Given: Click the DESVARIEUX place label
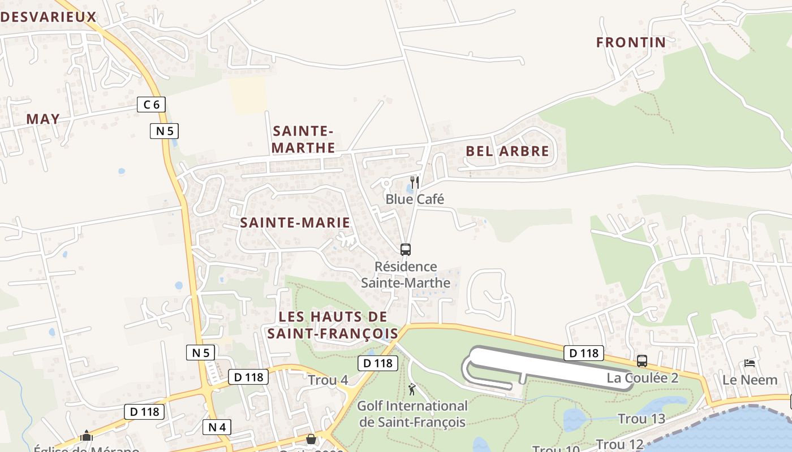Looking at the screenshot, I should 49,17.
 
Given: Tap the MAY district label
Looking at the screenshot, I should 43,119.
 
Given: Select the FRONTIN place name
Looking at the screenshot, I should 631,42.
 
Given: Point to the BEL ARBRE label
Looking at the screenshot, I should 507,151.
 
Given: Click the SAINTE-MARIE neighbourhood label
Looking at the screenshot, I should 295,222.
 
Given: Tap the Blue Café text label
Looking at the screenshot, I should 415,199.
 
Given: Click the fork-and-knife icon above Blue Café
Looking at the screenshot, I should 415,182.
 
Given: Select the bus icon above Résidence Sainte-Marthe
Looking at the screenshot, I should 406,249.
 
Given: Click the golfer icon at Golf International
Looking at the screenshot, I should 412,389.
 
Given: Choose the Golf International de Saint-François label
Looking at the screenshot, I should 412,414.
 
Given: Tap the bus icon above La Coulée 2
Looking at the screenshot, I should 642,360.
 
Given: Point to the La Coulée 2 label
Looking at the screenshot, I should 643,378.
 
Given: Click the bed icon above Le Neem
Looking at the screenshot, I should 750,363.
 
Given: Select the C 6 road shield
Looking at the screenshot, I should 152,104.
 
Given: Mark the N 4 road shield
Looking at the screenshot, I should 217,427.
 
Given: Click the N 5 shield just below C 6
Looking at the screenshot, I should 165,131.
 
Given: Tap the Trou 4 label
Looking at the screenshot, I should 328,380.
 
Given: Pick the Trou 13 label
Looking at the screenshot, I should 641,419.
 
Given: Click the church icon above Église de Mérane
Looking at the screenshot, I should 87,436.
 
